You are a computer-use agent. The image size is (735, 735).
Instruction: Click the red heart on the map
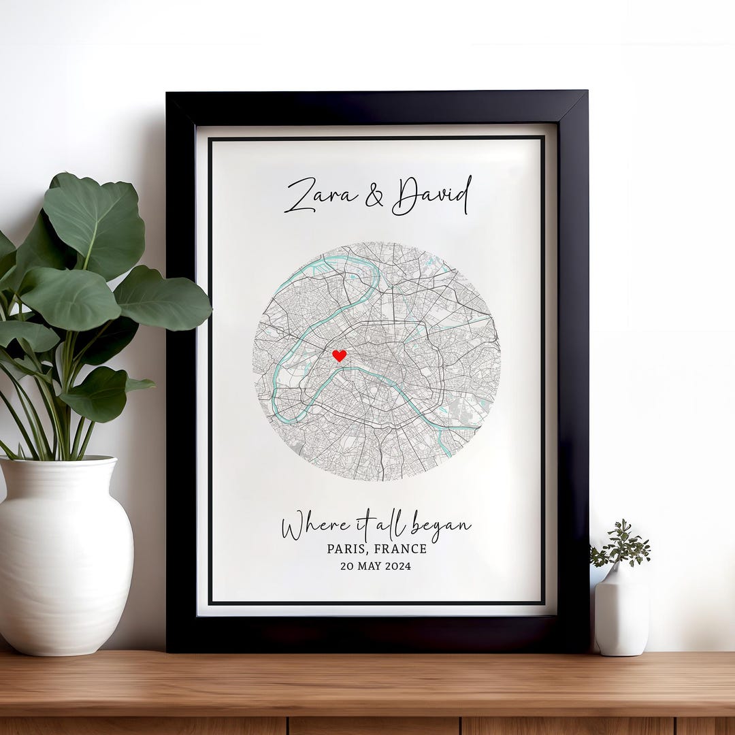click(339, 355)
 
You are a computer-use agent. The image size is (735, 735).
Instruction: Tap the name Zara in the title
click(321, 196)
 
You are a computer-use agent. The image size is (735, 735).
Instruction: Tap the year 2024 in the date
click(398, 566)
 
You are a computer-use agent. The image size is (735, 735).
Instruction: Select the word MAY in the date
click(368, 566)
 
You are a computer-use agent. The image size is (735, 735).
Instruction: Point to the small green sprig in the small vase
click(620, 544)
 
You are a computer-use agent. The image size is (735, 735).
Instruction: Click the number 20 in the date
click(347, 566)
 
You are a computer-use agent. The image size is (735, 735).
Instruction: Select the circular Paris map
click(376, 361)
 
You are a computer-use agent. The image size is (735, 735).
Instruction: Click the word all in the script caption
click(395, 525)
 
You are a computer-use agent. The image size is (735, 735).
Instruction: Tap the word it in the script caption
click(364, 525)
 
